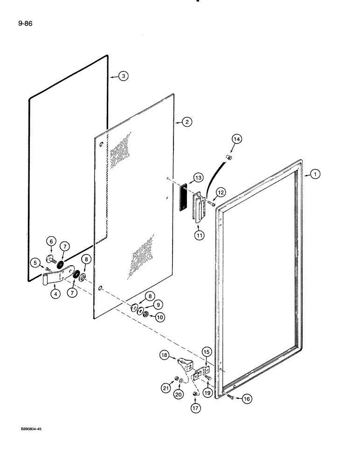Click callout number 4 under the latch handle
click(x=56, y=295)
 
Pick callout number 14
click(x=236, y=139)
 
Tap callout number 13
click(x=199, y=178)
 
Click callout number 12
click(x=220, y=192)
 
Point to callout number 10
click(x=160, y=317)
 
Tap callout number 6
click(x=51, y=241)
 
